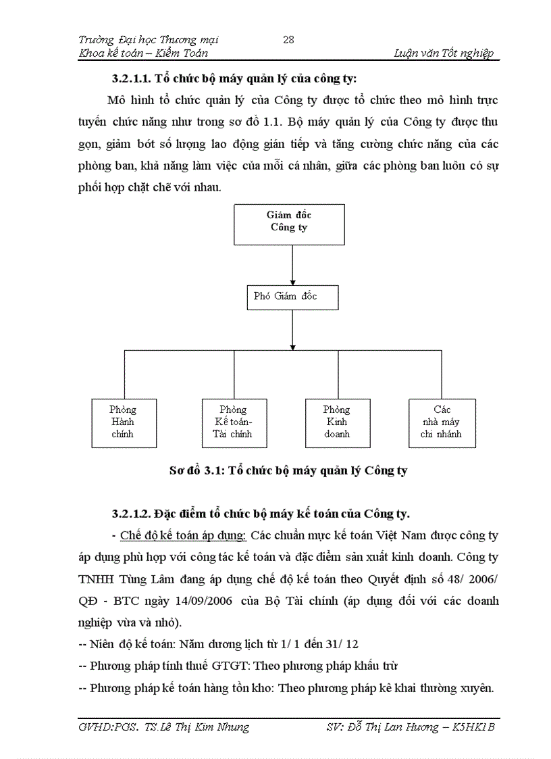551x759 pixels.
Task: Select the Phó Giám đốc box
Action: pos(292,297)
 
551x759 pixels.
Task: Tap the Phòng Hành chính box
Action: pos(123,422)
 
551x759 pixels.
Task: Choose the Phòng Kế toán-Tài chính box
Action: pos(233,422)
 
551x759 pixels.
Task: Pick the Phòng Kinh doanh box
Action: pos(336,422)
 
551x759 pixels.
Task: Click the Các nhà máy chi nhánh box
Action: pos(442,422)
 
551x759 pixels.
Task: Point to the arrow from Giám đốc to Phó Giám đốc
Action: pos(292,264)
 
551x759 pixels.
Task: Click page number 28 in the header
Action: pos(288,39)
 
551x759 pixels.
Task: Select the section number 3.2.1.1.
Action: pos(136,77)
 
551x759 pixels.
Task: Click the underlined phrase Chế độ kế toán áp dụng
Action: pos(182,536)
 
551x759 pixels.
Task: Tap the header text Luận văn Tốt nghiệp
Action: pos(443,53)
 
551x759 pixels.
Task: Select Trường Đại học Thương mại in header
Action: pos(149,39)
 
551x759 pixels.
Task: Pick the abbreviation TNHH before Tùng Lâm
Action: pos(99,579)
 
